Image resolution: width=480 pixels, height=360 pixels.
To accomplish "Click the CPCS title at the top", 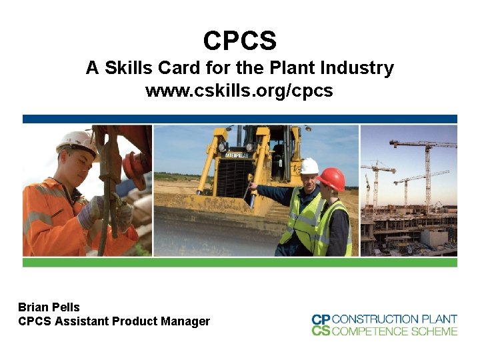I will (x=240, y=41).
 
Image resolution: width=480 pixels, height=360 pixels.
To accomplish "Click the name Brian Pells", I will (x=49, y=307).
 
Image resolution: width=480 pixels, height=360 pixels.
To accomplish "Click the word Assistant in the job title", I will (x=79, y=321).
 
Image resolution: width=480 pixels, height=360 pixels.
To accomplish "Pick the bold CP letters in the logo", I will (x=321, y=319).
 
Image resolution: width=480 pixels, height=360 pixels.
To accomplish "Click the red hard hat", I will (x=331, y=178).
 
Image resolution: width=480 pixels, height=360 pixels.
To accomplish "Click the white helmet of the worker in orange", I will (x=76, y=140).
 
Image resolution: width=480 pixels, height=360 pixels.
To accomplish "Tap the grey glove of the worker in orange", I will (x=91, y=211).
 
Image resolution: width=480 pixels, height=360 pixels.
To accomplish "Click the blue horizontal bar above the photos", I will (x=240, y=119).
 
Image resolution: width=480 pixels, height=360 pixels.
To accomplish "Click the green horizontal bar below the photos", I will (x=240, y=263).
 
